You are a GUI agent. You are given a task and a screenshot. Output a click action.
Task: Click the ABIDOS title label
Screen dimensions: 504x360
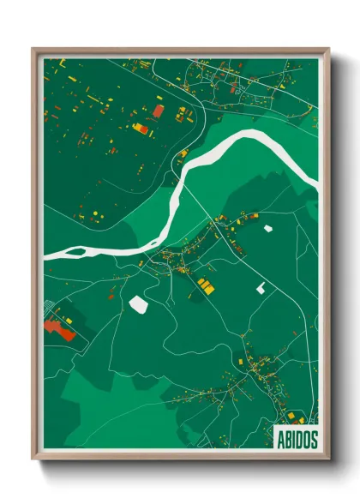pyautogui.click(x=297, y=436)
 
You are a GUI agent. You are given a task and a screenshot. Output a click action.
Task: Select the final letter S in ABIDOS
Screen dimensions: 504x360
pyautogui.click(x=312, y=436)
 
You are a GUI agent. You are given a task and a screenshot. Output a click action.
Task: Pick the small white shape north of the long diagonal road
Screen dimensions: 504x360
pyautogui.click(x=267, y=229)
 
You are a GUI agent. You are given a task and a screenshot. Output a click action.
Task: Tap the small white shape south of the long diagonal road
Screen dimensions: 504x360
pyautogui.click(x=260, y=289)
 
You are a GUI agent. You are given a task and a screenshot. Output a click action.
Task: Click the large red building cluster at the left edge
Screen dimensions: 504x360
pyautogui.click(x=58, y=327)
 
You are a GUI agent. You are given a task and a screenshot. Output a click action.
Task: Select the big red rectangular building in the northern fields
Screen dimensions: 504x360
pyautogui.click(x=159, y=111)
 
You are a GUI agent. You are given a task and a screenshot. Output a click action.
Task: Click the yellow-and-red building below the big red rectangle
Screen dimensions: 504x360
pyautogui.click(x=140, y=129)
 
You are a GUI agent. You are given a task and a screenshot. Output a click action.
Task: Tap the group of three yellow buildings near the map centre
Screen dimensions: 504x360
pyautogui.click(x=204, y=285)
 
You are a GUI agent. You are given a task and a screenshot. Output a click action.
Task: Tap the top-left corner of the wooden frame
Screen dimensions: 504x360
pyautogui.click(x=34, y=50)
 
